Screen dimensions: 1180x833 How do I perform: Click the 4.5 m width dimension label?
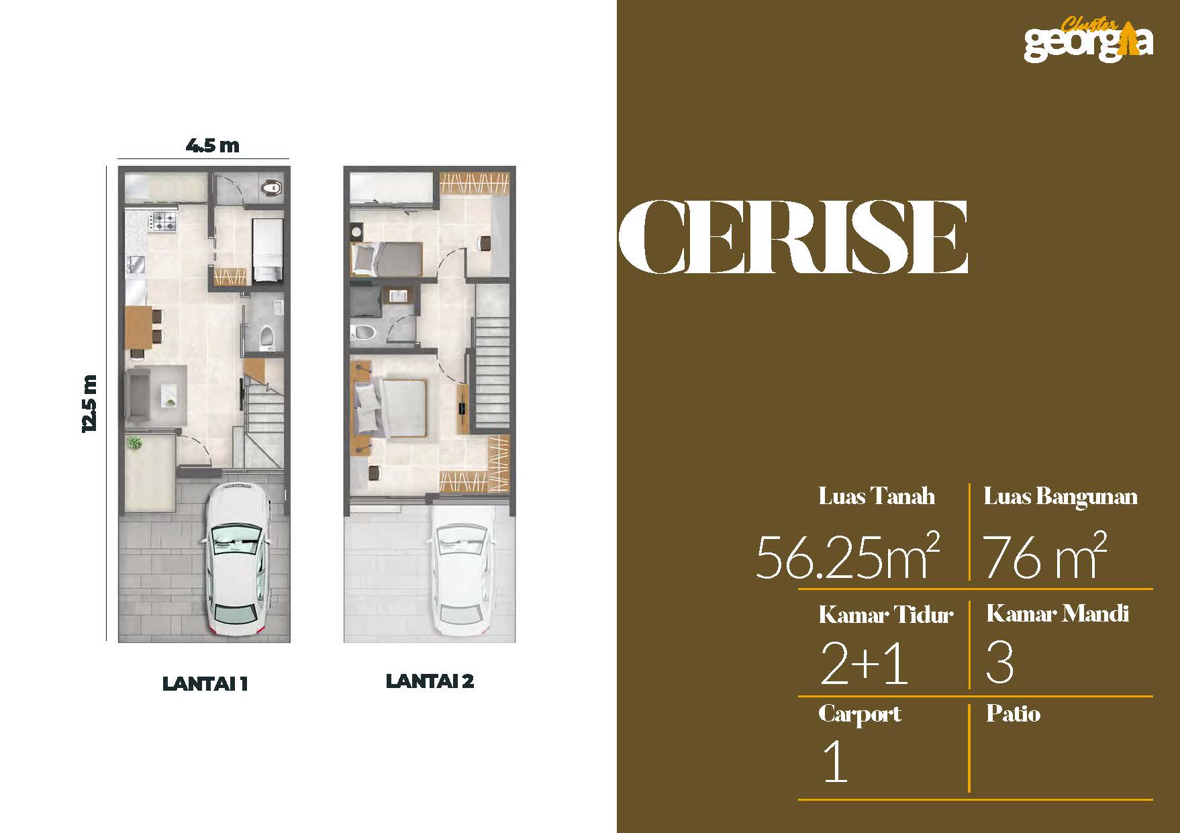[x=212, y=145]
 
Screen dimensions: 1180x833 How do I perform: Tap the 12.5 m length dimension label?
[x=90, y=403]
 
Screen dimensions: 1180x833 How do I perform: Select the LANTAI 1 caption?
[x=205, y=683]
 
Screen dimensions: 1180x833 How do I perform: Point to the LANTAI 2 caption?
[x=430, y=681]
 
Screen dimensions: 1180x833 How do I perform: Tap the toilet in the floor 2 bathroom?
[x=364, y=332]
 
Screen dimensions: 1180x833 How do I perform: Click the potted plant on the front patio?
[x=135, y=443]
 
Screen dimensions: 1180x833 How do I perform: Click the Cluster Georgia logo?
[x=1088, y=38]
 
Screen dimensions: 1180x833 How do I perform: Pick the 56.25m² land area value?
[x=847, y=556]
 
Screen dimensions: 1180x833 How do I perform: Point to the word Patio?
[x=1013, y=714]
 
